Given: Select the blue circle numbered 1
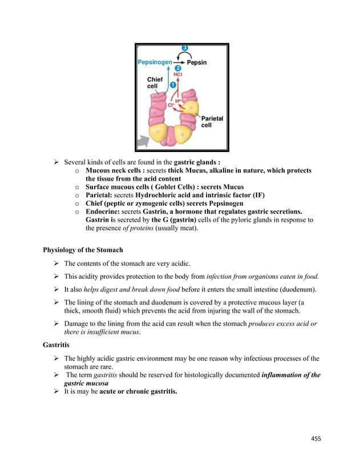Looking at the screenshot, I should (x=172, y=84).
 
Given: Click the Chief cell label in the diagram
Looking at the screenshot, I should (x=155, y=83).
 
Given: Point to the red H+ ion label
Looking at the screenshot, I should (x=177, y=101).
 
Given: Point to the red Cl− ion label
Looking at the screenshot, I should (x=171, y=105).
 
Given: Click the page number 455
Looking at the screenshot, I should (x=316, y=438).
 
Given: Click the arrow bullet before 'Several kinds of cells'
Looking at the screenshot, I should (x=56, y=162).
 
